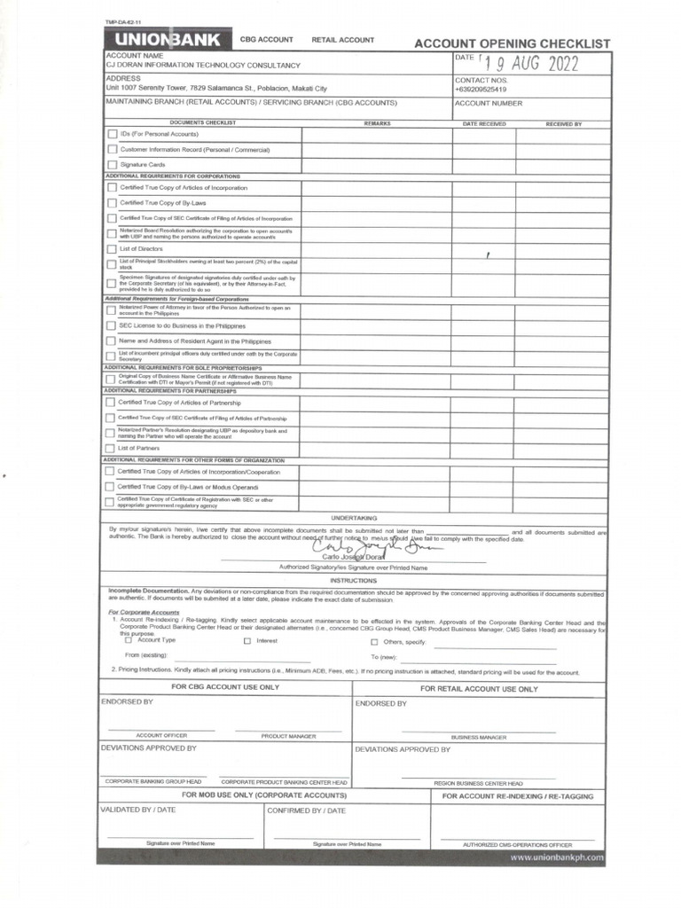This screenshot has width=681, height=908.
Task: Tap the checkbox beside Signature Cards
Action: (112, 165)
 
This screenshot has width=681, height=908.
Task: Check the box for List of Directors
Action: (111, 249)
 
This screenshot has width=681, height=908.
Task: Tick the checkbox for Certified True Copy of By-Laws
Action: (111, 203)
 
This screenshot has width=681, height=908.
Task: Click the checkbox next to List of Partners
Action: (110, 449)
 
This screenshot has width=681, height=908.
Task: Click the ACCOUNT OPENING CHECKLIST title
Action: (513, 43)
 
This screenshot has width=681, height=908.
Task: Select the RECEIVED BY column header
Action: (563, 124)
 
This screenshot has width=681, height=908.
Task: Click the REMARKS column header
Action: (377, 123)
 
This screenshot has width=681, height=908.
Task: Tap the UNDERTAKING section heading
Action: (354, 517)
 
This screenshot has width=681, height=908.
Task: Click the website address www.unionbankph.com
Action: (557, 857)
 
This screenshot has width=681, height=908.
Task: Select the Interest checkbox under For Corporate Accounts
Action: (247, 640)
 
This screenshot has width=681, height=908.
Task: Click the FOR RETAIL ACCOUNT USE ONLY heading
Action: (479, 688)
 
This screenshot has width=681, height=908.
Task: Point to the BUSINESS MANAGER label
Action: (479, 736)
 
